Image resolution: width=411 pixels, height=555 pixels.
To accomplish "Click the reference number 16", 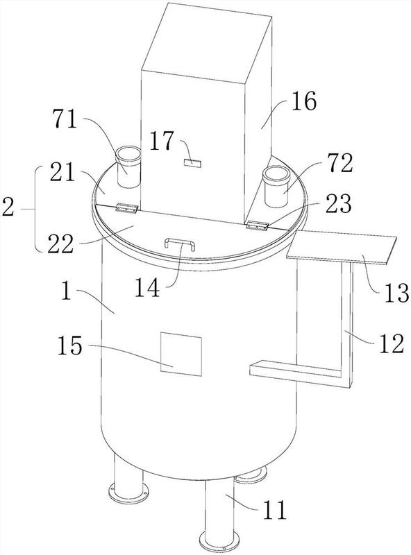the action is pyautogui.click(x=303, y=101).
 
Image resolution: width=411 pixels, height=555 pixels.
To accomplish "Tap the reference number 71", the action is pyautogui.click(x=65, y=119).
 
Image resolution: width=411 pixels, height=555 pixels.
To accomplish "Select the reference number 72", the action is pyautogui.click(x=339, y=164).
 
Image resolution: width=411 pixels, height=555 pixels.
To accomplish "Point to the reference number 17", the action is pyautogui.click(x=162, y=141).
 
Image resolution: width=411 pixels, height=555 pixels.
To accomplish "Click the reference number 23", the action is pyautogui.click(x=338, y=204).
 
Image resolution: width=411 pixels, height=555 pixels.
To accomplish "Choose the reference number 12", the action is pyautogui.click(x=392, y=343).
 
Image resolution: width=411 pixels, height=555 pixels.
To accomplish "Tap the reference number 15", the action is pyautogui.click(x=70, y=345).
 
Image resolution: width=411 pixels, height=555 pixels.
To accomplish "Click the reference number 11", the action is pyautogui.click(x=275, y=511).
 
